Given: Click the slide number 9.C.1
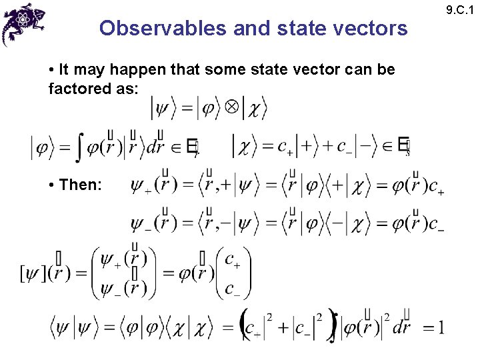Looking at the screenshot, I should pyautogui.click(x=464, y=9).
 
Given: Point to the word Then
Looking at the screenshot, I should pyautogui.click(x=80, y=184).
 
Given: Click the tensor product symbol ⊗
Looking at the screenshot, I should pyautogui.click(x=231, y=108).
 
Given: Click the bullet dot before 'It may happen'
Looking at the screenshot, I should pyautogui.click(x=52, y=69).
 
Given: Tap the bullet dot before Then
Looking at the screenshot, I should pyautogui.click(x=52, y=185).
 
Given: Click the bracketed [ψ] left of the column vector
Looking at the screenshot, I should pyautogui.click(x=33, y=273).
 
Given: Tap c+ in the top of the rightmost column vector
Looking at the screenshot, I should pyautogui.click(x=233, y=259).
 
